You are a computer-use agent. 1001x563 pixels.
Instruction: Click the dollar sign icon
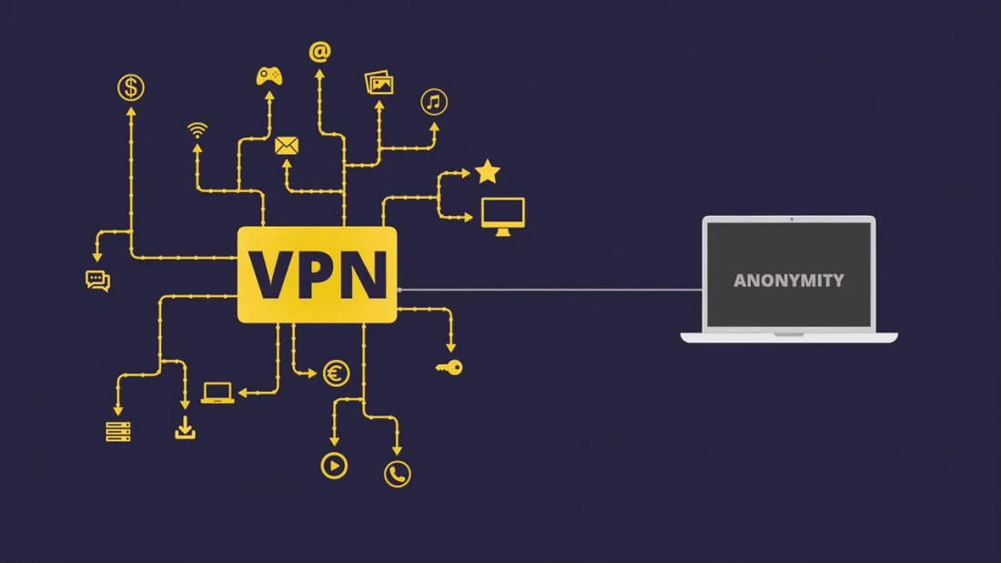click(x=131, y=87)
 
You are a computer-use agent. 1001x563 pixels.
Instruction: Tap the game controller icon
click(x=268, y=77)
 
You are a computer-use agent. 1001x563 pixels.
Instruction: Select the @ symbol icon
click(x=319, y=52)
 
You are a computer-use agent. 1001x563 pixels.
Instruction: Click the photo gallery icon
click(x=379, y=83)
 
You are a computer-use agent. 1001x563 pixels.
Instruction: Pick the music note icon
click(x=434, y=102)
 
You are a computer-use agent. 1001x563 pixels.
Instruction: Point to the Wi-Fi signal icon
click(x=197, y=129)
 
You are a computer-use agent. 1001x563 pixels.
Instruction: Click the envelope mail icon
click(x=287, y=146)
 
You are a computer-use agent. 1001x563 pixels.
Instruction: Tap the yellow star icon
click(x=488, y=171)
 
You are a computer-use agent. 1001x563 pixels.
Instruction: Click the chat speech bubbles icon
click(x=97, y=281)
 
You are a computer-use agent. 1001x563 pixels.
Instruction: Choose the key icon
click(x=449, y=367)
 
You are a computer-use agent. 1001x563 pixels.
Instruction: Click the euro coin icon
click(x=337, y=373)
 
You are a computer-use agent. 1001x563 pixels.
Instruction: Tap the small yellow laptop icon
click(x=217, y=393)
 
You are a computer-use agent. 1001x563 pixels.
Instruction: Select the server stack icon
click(x=118, y=431)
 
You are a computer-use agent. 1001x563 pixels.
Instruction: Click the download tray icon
click(x=185, y=428)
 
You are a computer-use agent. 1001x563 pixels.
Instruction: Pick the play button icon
click(x=334, y=466)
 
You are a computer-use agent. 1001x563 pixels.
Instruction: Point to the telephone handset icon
click(x=397, y=474)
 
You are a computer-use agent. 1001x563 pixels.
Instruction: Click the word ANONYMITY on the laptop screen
click(x=789, y=281)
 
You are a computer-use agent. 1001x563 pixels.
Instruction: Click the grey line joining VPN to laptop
click(x=546, y=290)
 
